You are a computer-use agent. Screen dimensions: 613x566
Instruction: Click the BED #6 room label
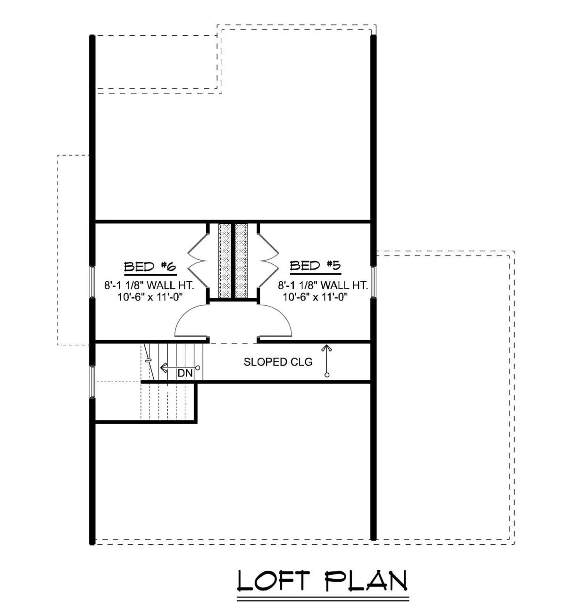(x=150, y=267)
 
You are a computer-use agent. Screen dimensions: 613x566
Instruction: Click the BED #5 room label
(x=315, y=266)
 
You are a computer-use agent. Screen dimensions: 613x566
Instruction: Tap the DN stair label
(x=185, y=373)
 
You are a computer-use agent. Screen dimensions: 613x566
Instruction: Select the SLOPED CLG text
(x=278, y=362)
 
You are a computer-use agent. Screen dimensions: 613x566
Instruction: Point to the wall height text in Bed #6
(x=149, y=285)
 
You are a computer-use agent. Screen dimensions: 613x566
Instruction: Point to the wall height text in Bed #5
(x=323, y=285)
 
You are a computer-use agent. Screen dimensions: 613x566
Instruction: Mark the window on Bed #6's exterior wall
(x=92, y=282)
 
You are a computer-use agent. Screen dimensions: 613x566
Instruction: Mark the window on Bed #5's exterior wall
(x=373, y=282)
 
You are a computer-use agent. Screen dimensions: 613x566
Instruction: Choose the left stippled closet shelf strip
(x=225, y=260)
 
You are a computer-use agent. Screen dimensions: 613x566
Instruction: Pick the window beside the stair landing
(x=92, y=381)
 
